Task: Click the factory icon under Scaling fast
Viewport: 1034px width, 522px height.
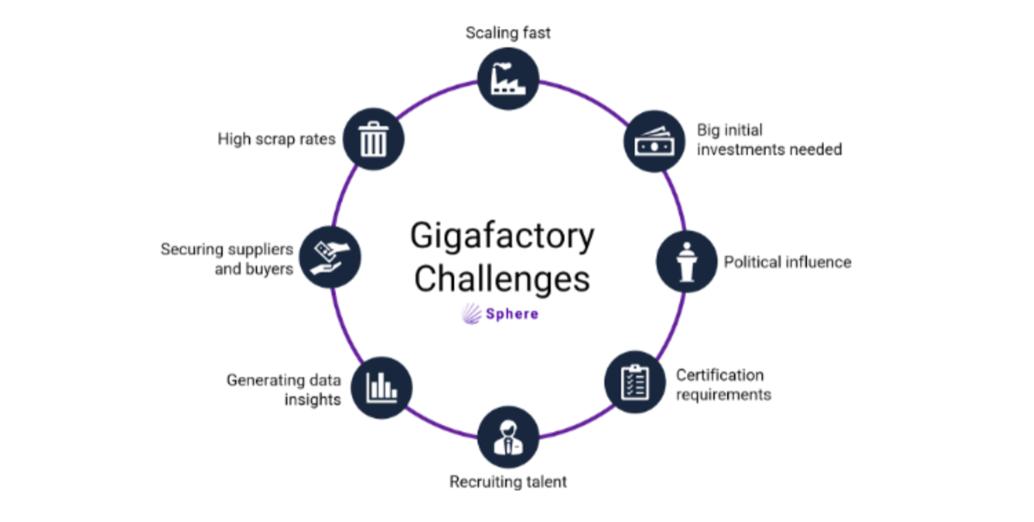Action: coord(508,79)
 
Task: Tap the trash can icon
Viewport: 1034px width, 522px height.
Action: coord(373,139)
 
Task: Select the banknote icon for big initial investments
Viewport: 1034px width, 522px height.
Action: coord(654,142)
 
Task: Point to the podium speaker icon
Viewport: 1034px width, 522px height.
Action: coord(686,262)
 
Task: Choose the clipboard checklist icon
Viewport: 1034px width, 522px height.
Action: coord(634,382)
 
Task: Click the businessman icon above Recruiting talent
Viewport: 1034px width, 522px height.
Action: coord(508,437)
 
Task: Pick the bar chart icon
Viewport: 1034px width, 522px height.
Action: coord(382,387)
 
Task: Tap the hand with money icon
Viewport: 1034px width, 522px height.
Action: coord(330,257)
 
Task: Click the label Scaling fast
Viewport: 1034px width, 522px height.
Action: coord(508,32)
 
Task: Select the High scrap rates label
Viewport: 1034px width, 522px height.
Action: coord(276,139)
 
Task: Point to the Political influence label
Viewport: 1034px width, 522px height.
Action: coord(787,262)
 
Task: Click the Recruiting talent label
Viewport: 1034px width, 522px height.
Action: coord(508,481)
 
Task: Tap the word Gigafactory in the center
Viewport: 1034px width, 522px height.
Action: coord(502,237)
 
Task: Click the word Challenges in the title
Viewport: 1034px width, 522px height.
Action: coord(502,279)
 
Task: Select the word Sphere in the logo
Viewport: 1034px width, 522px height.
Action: coord(512,314)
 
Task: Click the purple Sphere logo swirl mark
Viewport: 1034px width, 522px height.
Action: coord(471,313)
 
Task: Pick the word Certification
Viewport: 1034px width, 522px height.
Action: coord(719,375)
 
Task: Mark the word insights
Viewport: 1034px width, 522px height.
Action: coord(312,400)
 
